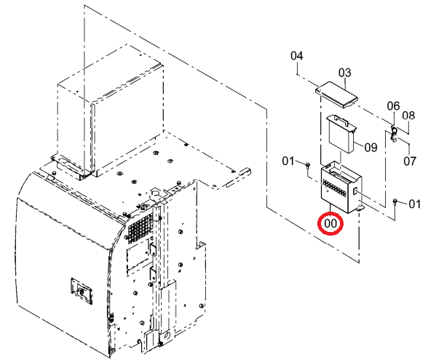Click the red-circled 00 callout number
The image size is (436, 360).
click(330, 223)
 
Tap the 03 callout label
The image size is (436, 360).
click(345, 73)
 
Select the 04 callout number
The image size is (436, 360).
click(297, 56)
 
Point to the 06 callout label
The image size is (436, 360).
click(394, 106)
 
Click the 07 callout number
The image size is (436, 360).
click(410, 161)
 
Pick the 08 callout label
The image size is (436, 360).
click(408, 116)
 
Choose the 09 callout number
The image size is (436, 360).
click(370, 148)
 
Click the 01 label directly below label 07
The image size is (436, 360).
click(415, 204)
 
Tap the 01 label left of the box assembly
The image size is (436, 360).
click(288, 161)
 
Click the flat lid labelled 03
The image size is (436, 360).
click(336, 95)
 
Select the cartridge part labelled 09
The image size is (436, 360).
click(341, 133)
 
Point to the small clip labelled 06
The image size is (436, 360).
click(394, 133)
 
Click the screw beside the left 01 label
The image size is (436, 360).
click(307, 165)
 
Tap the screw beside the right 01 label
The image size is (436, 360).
click(395, 201)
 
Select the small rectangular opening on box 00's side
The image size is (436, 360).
click(355, 191)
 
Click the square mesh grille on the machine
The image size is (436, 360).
click(140, 225)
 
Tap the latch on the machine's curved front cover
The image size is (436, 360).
click(82, 291)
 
